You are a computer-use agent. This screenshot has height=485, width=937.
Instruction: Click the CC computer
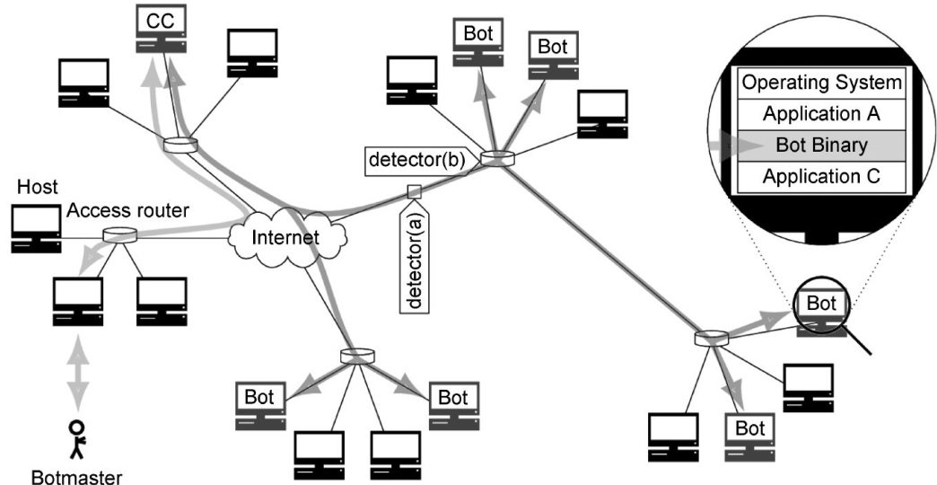[x=161, y=31]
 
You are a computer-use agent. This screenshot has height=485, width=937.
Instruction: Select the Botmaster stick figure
[x=78, y=438]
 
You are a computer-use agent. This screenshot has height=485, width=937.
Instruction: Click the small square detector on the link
[x=414, y=190]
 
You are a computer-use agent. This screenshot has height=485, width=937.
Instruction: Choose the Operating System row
[x=820, y=84]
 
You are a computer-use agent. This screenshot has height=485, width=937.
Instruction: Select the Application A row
[x=820, y=114]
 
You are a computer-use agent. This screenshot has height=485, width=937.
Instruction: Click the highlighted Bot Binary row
[x=820, y=145]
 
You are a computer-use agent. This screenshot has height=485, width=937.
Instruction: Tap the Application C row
[x=820, y=175]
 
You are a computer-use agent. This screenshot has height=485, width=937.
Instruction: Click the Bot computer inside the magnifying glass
[x=820, y=309]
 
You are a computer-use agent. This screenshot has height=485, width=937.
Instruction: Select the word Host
[x=37, y=188]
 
